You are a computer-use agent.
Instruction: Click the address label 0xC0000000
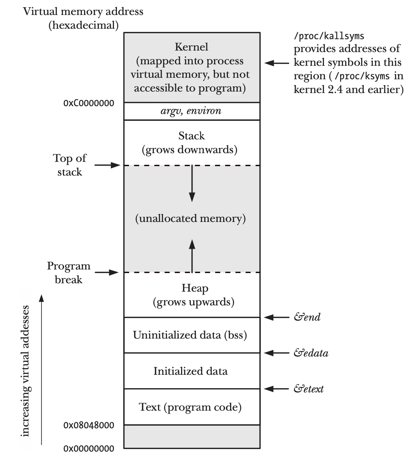(89, 103)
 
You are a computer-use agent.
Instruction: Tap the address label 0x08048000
(89, 425)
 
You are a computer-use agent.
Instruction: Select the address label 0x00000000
(89, 448)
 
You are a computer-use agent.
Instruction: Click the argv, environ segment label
(191, 111)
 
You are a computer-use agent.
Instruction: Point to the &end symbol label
(307, 317)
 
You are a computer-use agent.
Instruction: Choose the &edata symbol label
(311, 353)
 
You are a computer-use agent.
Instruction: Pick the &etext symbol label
(308, 389)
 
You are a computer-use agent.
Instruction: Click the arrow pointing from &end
(277, 317)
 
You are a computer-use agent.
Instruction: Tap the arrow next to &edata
(277, 353)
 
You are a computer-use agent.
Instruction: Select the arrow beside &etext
(277, 389)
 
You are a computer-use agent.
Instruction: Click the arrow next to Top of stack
(107, 165)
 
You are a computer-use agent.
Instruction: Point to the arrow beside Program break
(107, 272)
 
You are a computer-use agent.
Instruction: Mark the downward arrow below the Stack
(192, 183)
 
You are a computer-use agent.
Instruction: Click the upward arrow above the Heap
(192, 256)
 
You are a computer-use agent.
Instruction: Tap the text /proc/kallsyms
(329, 36)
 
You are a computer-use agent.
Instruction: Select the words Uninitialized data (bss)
(190, 335)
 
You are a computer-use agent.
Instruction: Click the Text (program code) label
(190, 407)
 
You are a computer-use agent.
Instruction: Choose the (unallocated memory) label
(191, 218)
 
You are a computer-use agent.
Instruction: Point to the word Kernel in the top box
(191, 47)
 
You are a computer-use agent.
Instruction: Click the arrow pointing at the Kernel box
(277, 63)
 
